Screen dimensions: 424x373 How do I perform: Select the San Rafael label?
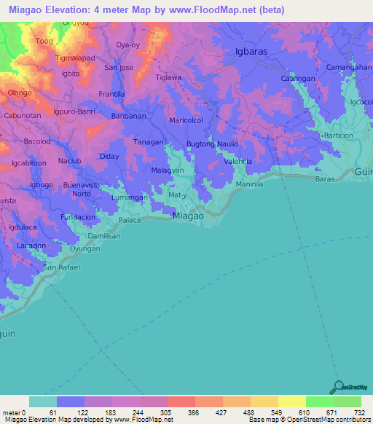click(x=60, y=267)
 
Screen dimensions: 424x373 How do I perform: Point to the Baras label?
click(x=325, y=178)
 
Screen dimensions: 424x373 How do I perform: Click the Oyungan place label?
click(x=85, y=249)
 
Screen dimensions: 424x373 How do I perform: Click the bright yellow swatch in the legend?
click(x=291, y=402)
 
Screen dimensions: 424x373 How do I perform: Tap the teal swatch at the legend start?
click(x=43, y=402)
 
